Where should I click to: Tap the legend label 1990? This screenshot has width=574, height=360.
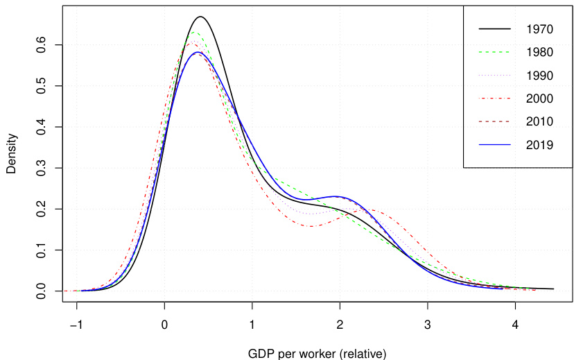coord(539,75)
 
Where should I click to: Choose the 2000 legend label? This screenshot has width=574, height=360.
coord(539,98)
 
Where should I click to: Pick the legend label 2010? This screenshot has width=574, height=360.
coord(539,121)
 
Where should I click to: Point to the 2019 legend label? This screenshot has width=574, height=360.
coord(539,145)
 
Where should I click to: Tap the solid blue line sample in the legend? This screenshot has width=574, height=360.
coord(495,145)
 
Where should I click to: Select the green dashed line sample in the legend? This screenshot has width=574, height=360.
coord(495,52)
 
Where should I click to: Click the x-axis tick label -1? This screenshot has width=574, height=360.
coord(75,325)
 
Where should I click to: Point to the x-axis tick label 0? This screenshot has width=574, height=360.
coord(164,325)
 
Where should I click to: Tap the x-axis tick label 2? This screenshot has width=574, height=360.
coord(340,325)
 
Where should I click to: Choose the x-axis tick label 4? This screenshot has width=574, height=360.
coord(515,325)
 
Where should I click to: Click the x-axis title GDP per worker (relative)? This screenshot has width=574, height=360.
coord(317,352)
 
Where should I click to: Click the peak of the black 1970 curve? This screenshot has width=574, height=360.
coord(200,17)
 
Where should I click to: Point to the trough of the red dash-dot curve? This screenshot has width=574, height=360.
coord(311,226)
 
